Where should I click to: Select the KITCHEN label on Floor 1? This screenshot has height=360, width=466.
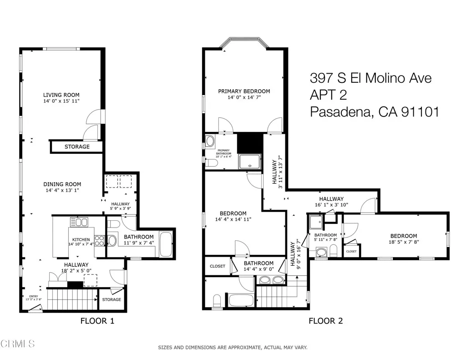point(79,239)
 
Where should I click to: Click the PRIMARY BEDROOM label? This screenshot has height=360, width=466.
point(243,91)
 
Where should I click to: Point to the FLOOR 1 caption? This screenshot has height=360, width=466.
point(97,321)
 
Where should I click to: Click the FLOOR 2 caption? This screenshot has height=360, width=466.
point(325,321)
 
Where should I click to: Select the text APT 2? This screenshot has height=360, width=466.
point(328,95)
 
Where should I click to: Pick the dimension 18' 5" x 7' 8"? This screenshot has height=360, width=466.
point(403,242)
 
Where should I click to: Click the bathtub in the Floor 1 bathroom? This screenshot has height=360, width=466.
point(166,244)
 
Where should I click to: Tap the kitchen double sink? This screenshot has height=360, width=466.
point(79,223)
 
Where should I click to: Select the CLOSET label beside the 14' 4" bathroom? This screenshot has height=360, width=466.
point(217,266)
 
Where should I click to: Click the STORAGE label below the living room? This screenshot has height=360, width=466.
point(77,147)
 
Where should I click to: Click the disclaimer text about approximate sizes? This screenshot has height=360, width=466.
point(233,348)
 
